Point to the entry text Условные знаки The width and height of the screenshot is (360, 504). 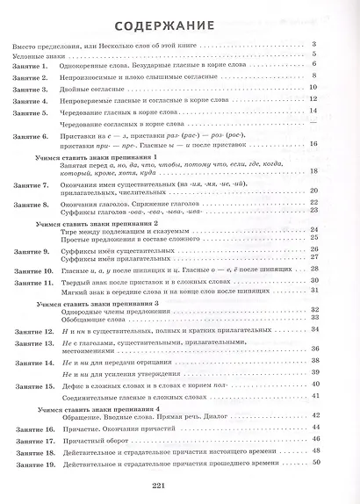click(x=40, y=54)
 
